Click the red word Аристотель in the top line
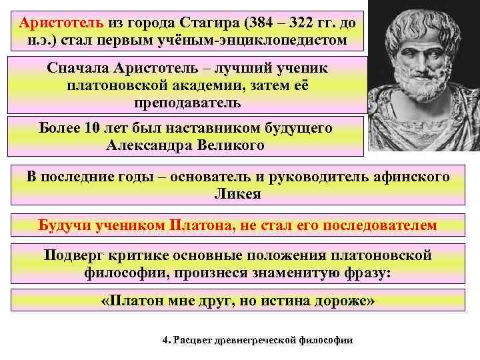pos(61,22)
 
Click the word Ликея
pos(238,194)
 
